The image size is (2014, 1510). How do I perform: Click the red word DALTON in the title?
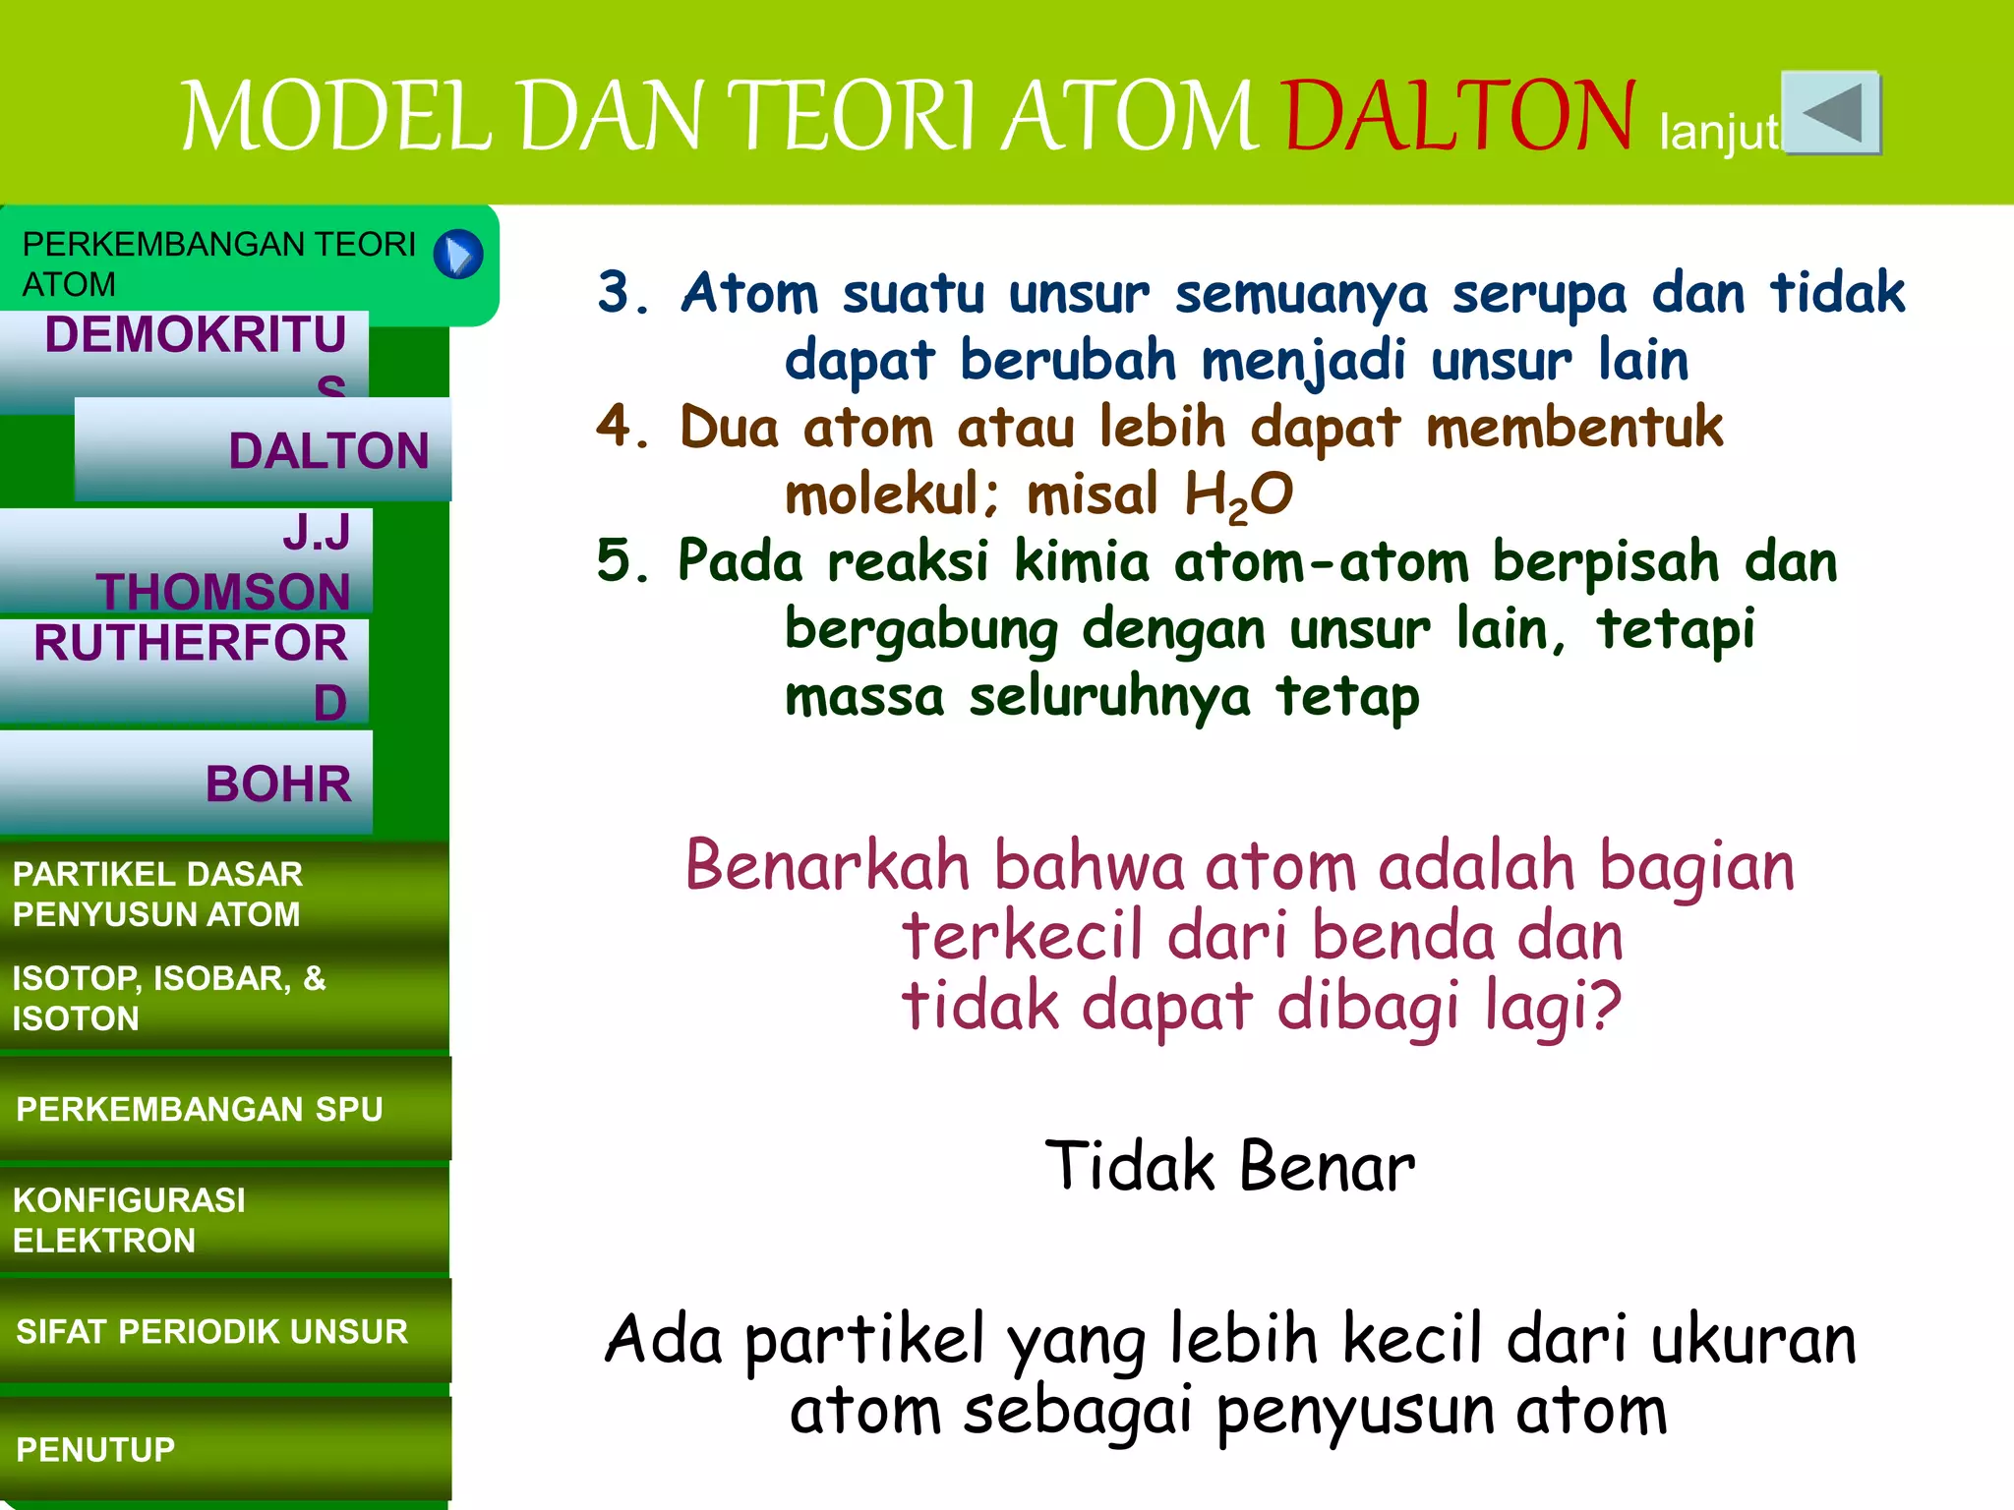[x=1459, y=117]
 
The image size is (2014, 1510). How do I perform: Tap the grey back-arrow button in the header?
[x=1831, y=112]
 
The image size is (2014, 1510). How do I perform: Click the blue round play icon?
[x=458, y=255]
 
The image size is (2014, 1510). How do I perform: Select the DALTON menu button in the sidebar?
[x=264, y=450]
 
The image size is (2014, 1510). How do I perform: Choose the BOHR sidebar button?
[x=187, y=783]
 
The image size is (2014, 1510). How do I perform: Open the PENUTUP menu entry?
[x=224, y=1449]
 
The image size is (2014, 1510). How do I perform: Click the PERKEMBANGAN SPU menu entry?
[x=224, y=1109]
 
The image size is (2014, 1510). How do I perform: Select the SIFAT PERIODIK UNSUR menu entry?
[x=224, y=1331]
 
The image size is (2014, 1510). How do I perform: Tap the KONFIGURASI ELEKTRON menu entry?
[x=224, y=1220]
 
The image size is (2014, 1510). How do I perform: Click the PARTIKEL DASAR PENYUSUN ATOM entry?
[x=224, y=894]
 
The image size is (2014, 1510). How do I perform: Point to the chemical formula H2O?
[x=1238, y=494]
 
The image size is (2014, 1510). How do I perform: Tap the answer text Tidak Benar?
[x=1229, y=1167]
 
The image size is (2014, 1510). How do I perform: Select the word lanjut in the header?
[x=1719, y=132]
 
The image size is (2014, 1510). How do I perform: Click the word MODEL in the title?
[x=336, y=117]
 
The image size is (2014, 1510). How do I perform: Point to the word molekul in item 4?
[x=891, y=494]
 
